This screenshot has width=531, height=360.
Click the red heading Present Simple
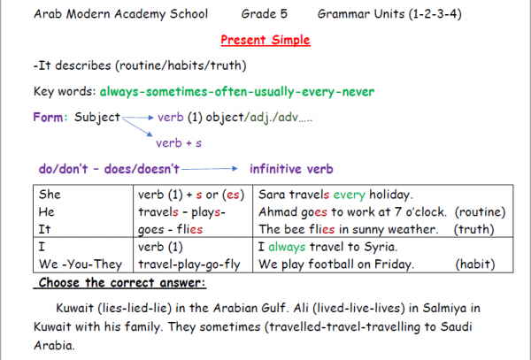[x=265, y=40]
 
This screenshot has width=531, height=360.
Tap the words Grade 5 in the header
[x=264, y=14]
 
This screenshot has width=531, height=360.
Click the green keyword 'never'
[x=358, y=92]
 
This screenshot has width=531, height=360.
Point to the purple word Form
[x=48, y=117]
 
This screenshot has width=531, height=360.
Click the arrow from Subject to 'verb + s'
[x=137, y=126]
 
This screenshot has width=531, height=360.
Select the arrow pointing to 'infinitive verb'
[x=210, y=168]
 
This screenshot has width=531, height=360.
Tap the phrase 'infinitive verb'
[x=291, y=168]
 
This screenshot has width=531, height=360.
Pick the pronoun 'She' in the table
[x=50, y=195]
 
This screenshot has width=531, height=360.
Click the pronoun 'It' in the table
[x=44, y=229]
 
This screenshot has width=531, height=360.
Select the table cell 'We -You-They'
[x=81, y=264]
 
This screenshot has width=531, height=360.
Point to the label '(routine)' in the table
[x=480, y=211]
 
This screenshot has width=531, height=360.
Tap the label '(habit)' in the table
[x=474, y=264]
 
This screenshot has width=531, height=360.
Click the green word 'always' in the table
[x=287, y=247]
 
